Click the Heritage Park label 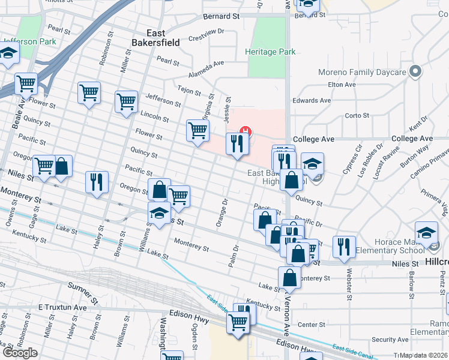pos(270,52)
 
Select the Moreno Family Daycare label pos(359,73)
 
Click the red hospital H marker pos(244,131)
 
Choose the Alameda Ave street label pos(207,62)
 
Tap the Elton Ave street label pos(342,85)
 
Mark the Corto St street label pos(357,115)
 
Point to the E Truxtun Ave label pos(62,307)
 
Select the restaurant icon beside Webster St pos(344,247)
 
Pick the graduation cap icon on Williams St pos(159,213)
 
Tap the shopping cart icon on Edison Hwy pos(238,323)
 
